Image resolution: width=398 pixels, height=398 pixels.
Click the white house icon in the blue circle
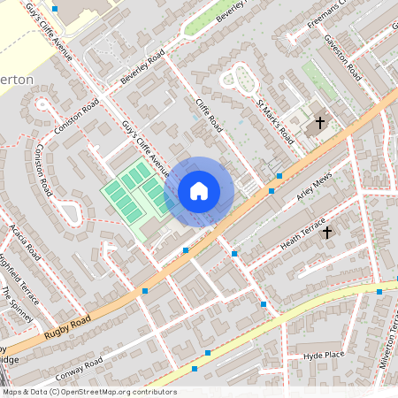pyautogui.click(x=199, y=191)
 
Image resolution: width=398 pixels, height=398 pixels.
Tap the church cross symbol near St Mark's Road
pyautogui.click(x=319, y=124)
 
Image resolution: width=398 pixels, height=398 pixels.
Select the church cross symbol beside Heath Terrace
pyautogui.click(x=326, y=232)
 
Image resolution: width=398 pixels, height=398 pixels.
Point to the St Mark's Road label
pyautogui.click(x=274, y=119)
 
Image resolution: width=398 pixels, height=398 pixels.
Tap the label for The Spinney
pyautogui.click(x=17, y=304)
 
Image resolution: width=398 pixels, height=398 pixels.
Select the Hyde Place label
pyautogui.click(x=323, y=355)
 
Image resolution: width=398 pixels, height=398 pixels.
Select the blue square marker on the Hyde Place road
pyautogui.click(x=207, y=353)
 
